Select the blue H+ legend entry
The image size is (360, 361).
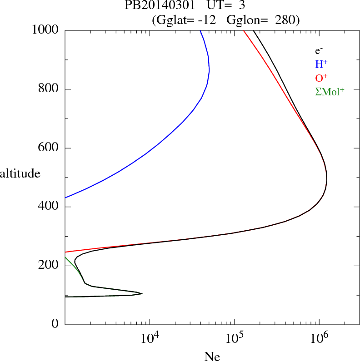coord(321,64)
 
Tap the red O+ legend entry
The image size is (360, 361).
coord(321,78)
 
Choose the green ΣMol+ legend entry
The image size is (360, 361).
coord(330,91)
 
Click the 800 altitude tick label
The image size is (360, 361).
coord(49,89)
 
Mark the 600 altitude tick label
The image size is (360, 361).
coord(49,148)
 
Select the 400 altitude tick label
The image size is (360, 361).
coord(49,207)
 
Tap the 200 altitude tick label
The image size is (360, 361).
coord(49,266)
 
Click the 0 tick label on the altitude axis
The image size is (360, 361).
coord(55,324)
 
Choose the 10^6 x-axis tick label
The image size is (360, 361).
coord(319,338)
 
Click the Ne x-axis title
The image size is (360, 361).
coord(212,356)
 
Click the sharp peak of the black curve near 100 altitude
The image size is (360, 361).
coord(143,294)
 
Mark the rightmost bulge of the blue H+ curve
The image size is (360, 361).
coord(209,71)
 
